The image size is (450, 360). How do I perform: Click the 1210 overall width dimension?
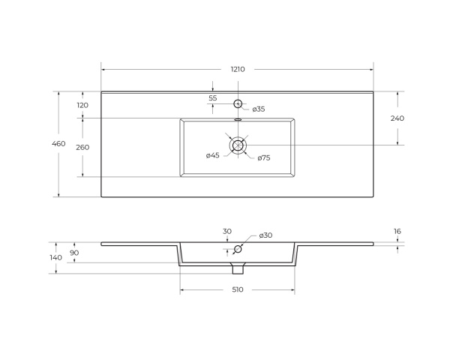238,70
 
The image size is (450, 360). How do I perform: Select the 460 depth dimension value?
58,143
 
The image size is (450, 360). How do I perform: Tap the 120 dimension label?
82,105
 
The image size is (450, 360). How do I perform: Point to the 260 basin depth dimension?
82,147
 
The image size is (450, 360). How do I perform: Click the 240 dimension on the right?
397,118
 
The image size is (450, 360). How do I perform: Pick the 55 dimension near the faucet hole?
213,98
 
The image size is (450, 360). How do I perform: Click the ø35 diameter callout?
259,109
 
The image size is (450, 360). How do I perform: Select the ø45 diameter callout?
213,155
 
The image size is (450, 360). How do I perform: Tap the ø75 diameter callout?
264,158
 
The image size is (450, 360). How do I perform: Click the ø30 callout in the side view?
265,235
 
